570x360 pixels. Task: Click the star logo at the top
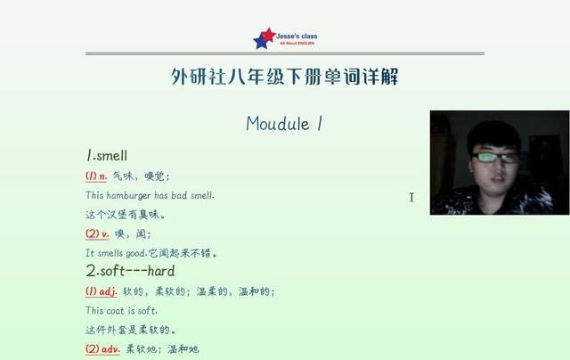[x=265, y=38]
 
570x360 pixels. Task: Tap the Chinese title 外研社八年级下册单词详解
[x=284, y=78]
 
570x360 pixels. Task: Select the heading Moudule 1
[x=283, y=124]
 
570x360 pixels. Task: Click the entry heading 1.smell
[x=107, y=156]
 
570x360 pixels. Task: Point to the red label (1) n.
[x=96, y=176]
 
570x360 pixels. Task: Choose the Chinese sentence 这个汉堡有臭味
[x=125, y=215]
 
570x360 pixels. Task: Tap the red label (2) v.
[x=97, y=233]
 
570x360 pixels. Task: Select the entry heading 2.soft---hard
[x=130, y=270]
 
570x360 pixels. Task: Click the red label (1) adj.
[x=101, y=291]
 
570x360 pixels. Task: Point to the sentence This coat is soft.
[x=121, y=310]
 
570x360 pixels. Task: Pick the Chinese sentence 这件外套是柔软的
[x=131, y=330]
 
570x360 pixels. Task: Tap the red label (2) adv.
[x=102, y=348]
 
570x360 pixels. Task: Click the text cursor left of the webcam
[x=411, y=197]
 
